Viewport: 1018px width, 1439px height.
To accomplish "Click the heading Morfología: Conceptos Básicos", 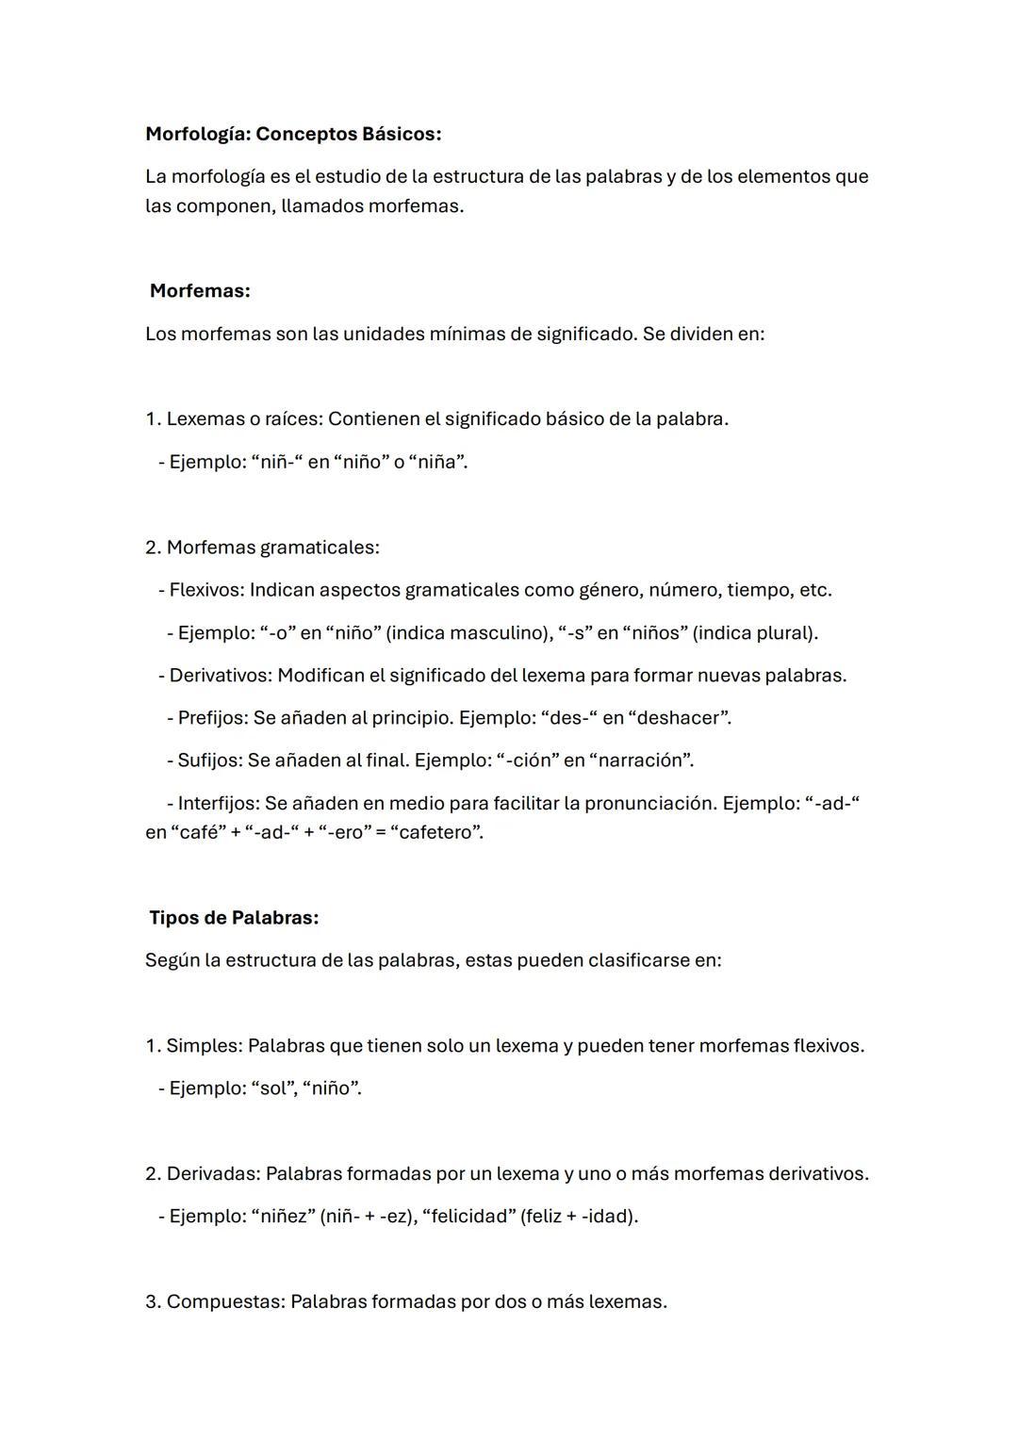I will pyautogui.click(x=292, y=134).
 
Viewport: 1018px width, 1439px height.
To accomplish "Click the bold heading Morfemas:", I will pyautogui.click(x=200, y=291).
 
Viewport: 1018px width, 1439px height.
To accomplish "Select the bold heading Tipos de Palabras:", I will pyautogui.click(x=234, y=918).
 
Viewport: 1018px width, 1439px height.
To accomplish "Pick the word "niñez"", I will pyautogui.click(x=283, y=1217).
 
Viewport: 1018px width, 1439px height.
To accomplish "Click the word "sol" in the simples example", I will pyautogui.click(x=272, y=1088).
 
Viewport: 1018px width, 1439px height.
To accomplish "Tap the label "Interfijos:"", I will pyautogui.click(x=219, y=804).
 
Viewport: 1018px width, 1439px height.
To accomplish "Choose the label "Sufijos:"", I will pyautogui.click(x=210, y=760).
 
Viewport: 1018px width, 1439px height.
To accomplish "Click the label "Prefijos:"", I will pyautogui.click(x=213, y=718).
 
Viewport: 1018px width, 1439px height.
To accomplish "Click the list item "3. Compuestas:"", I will pyautogui.click(x=216, y=1302).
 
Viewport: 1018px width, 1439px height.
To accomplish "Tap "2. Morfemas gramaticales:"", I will pyautogui.click(x=262, y=548).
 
